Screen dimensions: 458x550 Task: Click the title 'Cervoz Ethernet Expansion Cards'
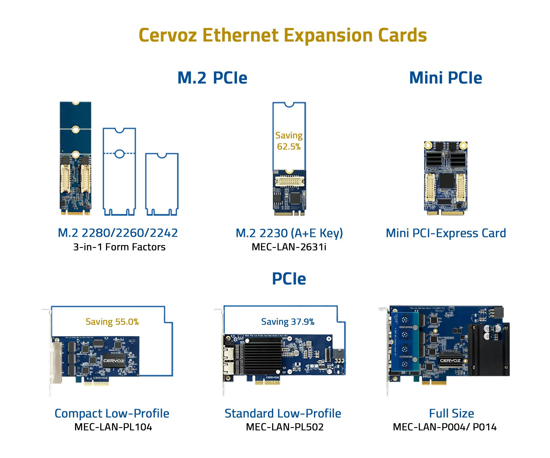point(283,35)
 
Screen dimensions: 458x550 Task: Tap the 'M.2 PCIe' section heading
point(212,78)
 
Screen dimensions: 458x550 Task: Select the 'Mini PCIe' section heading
point(445,78)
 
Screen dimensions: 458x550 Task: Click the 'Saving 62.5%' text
point(289,141)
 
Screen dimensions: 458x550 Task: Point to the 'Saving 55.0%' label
point(112,322)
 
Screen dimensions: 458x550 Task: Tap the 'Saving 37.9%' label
point(288,322)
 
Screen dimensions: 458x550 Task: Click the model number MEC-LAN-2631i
point(289,247)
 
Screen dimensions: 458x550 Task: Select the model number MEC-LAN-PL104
point(113,427)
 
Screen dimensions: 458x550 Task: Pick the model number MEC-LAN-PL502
point(285,427)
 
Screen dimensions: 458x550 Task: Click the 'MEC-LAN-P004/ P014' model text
point(445,427)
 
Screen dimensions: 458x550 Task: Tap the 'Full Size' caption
point(451,413)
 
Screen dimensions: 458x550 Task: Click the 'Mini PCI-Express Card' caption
point(446,233)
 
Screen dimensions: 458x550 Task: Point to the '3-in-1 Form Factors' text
point(119,247)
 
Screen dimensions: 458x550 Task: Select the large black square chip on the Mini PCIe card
point(447,181)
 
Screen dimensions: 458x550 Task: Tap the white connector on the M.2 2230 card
point(289,181)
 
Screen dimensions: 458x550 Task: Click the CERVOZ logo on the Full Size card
point(450,361)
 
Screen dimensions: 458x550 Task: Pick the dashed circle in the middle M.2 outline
point(119,154)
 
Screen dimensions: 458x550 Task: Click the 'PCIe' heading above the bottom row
point(289,279)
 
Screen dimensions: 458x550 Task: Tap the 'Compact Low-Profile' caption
point(112,413)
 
